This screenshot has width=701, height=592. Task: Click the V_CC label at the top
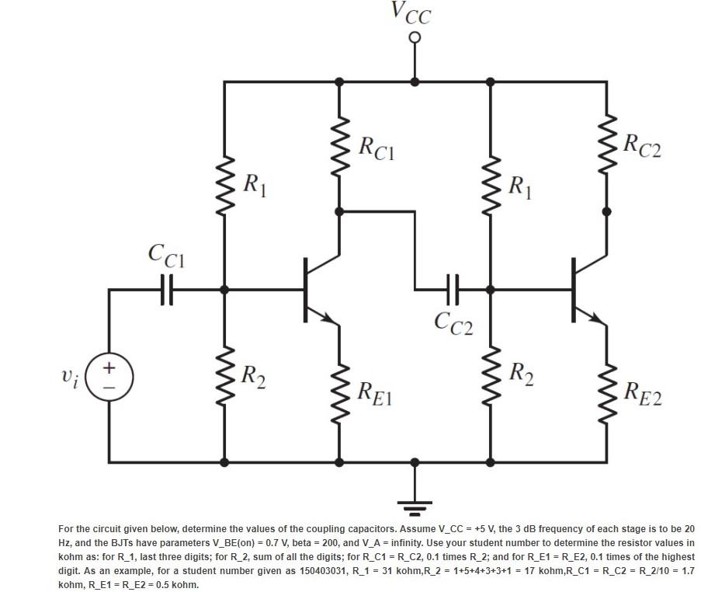[411, 13]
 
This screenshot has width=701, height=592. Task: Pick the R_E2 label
[644, 395]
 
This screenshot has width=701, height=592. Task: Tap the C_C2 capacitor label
[454, 322]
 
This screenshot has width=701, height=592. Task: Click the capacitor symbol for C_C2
[453, 289]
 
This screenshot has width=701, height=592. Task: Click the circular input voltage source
[108, 375]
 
